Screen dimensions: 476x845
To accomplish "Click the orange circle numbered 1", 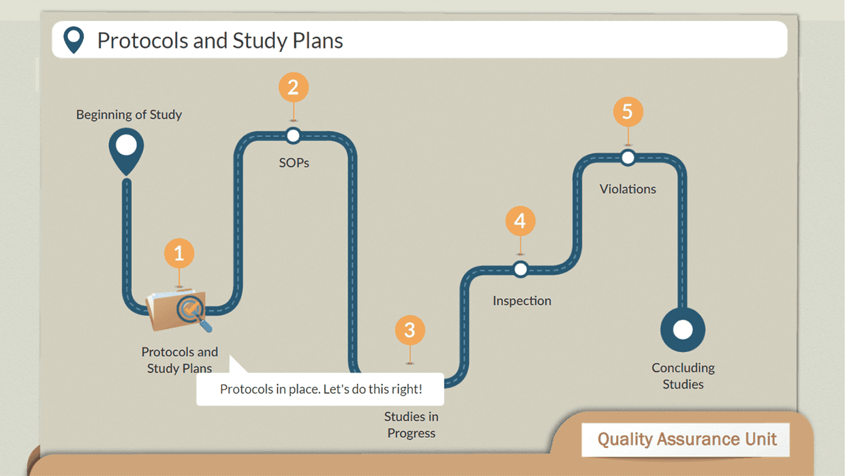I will click(x=179, y=254).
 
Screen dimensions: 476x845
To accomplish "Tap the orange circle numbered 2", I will click(x=294, y=87).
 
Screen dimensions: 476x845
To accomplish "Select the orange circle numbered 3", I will click(x=410, y=331).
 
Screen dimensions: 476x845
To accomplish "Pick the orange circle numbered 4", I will click(x=521, y=221).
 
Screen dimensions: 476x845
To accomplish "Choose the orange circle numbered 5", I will click(x=628, y=111).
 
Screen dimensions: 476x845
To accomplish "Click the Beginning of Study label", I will click(x=129, y=115).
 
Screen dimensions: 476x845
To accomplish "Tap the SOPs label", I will click(x=294, y=163).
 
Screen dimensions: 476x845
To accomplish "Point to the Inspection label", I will click(x=522, y=301).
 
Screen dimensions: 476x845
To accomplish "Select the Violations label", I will click(x=628, y=189).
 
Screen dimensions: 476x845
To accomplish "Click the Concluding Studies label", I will click(x=683, y=376).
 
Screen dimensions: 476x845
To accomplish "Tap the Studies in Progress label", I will click(x=411, y=424).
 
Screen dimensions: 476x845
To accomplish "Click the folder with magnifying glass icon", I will click(x=179, y=311).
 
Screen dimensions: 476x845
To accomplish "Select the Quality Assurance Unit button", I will click(x=686, y=439).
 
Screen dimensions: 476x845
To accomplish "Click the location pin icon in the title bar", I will click(x=74, y=40).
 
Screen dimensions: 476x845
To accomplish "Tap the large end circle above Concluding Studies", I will click(x=683, y=330).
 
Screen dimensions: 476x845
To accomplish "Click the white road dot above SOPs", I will click(x=293, y=136).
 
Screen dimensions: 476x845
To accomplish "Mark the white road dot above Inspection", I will click(x=521, y=269).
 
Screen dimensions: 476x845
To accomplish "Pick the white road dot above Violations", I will click(x=628, y=158).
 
